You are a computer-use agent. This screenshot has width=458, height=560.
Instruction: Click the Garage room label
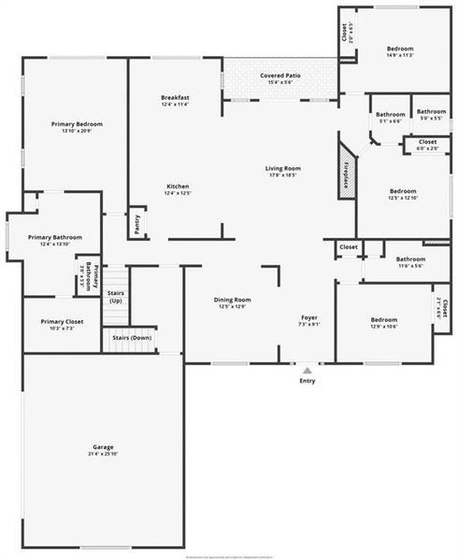pyautogui.click(x=103, y=447)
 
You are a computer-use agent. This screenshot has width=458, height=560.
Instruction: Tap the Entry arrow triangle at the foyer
pyautogui.click(x=307, y=371)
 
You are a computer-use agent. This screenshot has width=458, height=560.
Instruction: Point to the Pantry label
pyautogui.click(x=137, y=225)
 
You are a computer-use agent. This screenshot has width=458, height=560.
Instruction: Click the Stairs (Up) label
pyautogui.click(x=116, y=297)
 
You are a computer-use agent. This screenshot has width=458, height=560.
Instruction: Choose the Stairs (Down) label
pyautogui.click(x=132, y=337)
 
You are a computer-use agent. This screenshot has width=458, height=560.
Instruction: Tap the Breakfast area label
pyautogui.click(x=176, y=98)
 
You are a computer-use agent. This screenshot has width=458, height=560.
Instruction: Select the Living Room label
pyautogui.click(x=281, y=168)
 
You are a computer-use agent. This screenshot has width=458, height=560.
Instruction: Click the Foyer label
pyautogui.click(x=309, y=318)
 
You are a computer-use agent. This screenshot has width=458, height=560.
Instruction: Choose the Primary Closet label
pyautogui.click(x=62, y=322)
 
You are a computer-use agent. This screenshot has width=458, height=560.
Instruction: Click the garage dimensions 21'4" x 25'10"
pyautogui.click(x=103, y=454)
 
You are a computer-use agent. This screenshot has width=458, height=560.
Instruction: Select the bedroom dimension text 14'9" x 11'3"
pyautogui.click(x=399, y=55)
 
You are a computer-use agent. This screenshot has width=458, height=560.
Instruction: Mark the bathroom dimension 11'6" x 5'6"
pyautogui.click(x=410, y=266)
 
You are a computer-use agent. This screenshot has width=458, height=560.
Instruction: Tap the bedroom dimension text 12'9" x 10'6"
pyautogui.click(x=384, y=326)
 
